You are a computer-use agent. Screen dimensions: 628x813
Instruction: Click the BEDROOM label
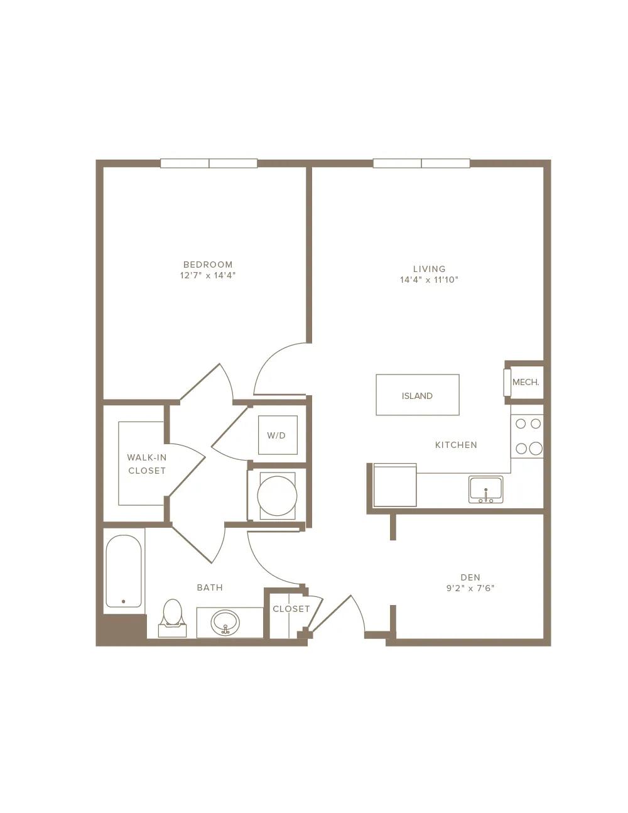[x=208, y=265]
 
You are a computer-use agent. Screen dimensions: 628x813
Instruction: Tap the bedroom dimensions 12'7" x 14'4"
[x=208, y=276]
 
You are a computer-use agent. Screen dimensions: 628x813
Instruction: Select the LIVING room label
[x=429, y=269]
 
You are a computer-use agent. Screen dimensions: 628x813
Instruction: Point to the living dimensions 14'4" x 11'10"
[x=429, y=280]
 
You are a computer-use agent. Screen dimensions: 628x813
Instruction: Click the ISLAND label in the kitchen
[x=417, y=396]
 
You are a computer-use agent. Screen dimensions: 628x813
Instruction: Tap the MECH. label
[x=526, y=383]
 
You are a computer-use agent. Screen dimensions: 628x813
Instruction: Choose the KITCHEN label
[x=456, y=445]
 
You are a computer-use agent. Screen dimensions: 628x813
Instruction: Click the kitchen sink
[x=485, y=489]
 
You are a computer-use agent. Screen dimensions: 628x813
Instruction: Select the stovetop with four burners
[x=527, y=436]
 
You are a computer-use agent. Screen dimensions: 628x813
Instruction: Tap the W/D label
[x=276, y=435]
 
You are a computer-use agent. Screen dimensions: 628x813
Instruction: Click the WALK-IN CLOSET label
[x=147, y=464]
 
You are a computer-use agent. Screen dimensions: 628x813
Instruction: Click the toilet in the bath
[x=172, y=618]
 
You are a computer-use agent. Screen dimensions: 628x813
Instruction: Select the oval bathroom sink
[x=225, y=623]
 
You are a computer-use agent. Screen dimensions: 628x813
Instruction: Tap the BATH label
[x=210, y=588]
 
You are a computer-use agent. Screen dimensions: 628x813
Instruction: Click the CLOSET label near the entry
[x=291, y=609]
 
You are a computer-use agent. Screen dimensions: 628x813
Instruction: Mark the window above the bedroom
[x=209, y=163]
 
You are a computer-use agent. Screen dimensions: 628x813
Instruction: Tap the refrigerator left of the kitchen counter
[x=395, y=485]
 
